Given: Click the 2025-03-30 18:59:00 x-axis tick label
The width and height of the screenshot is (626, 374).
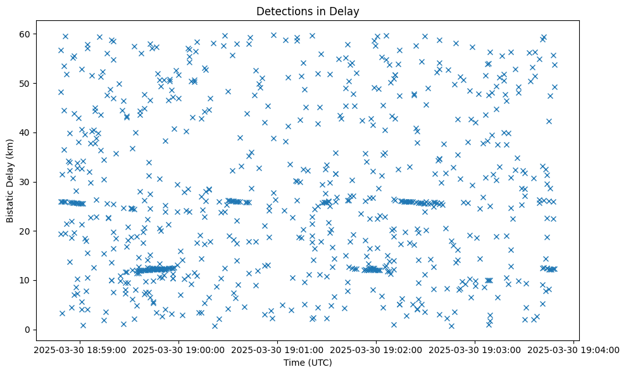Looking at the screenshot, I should tap(80, 350).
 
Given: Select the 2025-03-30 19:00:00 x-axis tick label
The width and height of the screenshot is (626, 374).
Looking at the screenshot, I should tap(179, 350).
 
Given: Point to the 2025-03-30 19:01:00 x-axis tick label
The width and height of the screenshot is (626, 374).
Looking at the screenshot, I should tap(278, 350).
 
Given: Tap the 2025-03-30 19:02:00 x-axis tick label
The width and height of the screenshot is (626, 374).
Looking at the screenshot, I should tap(377, 350).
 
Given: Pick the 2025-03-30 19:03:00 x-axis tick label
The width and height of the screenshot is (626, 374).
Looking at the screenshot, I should tap(475, 350).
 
